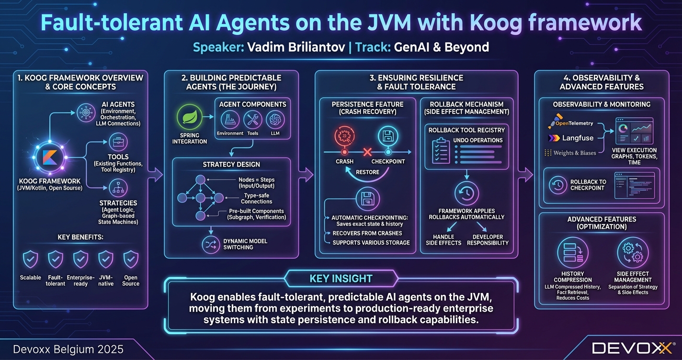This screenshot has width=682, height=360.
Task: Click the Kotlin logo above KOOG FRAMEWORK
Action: click(48, 157)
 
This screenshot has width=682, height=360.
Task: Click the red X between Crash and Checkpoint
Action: click(368, 152)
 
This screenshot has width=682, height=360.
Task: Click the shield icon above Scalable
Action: click(31, 259)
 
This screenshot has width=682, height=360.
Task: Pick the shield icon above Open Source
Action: click(130, 259)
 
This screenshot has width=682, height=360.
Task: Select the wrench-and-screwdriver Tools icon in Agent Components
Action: click(252, 120)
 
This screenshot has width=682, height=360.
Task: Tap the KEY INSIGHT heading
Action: click(341, 279)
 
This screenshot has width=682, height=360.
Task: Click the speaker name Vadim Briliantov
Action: click(295, 47)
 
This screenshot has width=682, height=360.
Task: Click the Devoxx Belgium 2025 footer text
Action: click(68, 349)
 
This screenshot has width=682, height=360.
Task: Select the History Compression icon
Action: click(573, 253)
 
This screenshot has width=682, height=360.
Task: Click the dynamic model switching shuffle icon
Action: click(210, 244)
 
